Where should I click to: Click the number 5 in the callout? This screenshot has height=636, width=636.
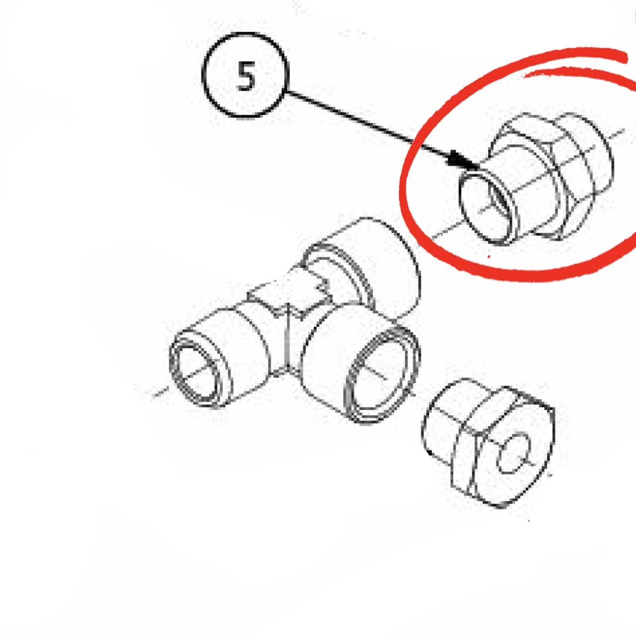click(246, 77)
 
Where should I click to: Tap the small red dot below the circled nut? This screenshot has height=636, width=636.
click(489, 256)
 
